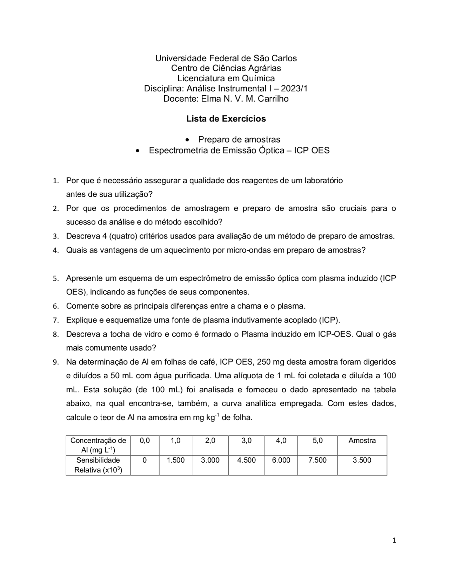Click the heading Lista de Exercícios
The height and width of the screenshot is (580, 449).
(226, 119)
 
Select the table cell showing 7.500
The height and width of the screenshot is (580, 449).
(317, 460)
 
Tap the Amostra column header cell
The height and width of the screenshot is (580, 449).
(362, 441)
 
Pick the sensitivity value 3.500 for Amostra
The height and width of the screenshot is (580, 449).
(362, 460)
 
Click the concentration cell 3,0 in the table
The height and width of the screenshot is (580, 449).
(246, 441)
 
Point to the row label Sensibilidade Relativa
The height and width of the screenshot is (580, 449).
(98, 465)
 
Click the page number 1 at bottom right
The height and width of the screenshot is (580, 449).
(394, 540)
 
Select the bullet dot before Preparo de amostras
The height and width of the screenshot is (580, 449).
(188, 140)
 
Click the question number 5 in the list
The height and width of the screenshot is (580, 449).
(55, 279)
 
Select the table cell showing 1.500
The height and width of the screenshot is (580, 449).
(175, 460)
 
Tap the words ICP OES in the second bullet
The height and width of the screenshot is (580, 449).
(311, 151)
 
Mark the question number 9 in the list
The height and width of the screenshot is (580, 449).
(55, 362)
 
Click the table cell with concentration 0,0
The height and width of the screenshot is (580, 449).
(145, 441)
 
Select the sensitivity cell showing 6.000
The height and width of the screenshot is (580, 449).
(281, 460)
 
